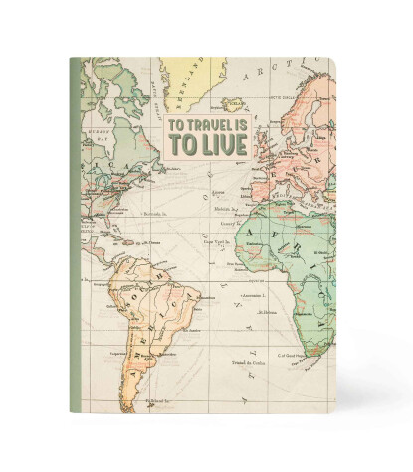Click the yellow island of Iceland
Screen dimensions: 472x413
(236, 102)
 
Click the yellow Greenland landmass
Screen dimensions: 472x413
(189, 70)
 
